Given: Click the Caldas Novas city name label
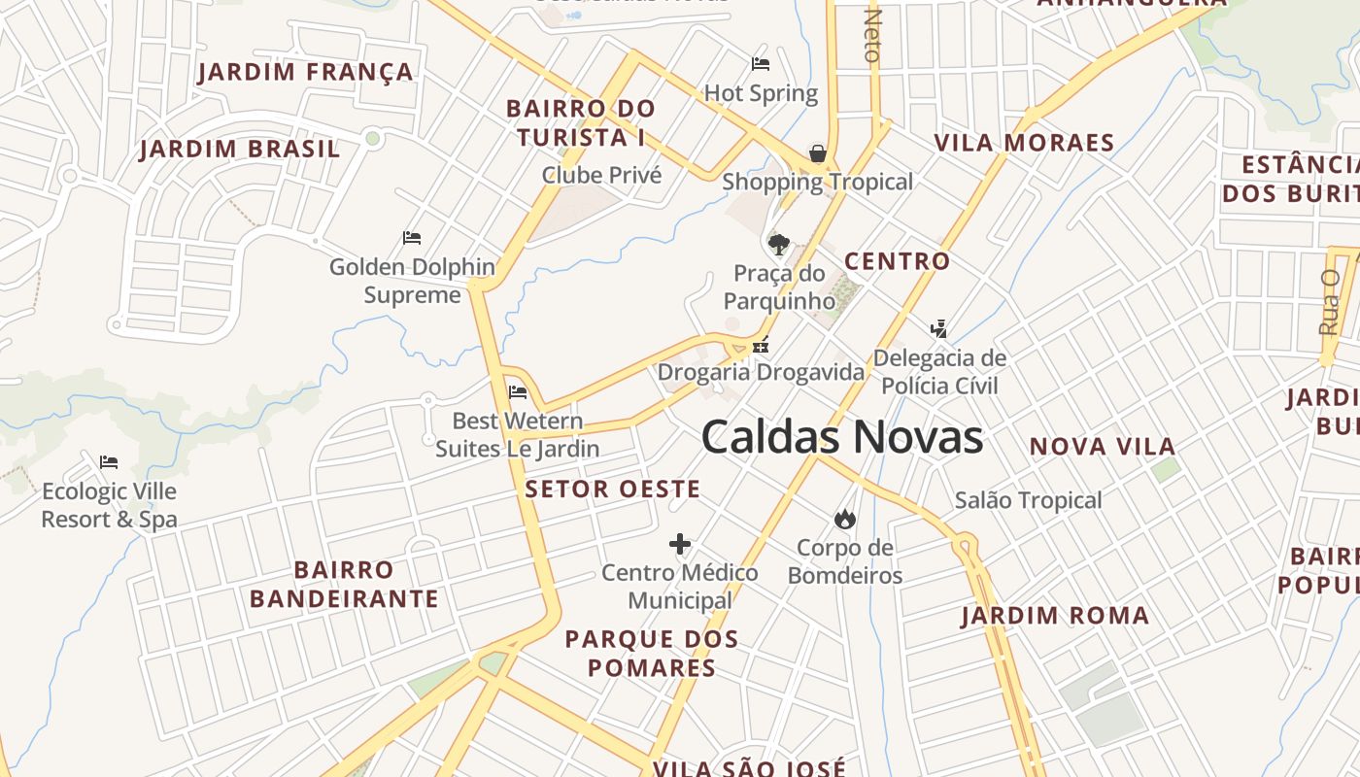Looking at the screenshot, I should click(x=842, y=437).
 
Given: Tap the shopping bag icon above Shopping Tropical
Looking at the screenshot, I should click(x=818, y=153).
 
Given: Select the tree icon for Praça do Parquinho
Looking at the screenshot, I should click(x=778, y=243).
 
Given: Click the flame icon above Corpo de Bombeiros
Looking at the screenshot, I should click(x=845, y=519).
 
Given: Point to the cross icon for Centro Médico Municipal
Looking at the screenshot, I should click(x=680, y=544).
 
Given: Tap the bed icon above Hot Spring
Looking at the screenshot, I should click(x=761, y=64).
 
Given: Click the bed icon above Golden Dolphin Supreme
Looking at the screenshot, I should click(x=412, y=238).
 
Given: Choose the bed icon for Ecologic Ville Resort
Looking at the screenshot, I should click(x=109, y=462).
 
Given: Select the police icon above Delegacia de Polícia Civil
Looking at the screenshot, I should click(x=938, y=328).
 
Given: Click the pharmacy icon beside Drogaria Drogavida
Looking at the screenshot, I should click(x=762, y=344).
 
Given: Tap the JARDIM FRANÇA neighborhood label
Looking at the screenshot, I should click(x=306, y=73).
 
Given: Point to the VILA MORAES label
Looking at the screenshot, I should click(x=1024, y=144).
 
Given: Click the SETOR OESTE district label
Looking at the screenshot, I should click(x=612, y=490).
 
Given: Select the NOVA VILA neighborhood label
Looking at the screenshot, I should click(x=1103, y=447).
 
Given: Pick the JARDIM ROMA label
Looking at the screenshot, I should click(x=1055, y=616).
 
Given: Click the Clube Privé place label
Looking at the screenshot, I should click(x=601, y=176).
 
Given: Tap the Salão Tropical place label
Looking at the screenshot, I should click(x=1028, y=501).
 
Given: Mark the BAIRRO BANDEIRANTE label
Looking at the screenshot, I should click(x=344, y=584).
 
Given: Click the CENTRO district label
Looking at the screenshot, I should click(x=897, y=261).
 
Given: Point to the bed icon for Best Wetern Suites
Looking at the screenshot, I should click(x=518, y=392).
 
